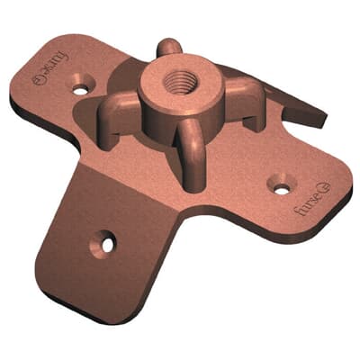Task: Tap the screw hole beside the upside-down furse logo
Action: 83,89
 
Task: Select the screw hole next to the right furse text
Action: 282,188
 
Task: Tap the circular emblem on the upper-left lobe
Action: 37,80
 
